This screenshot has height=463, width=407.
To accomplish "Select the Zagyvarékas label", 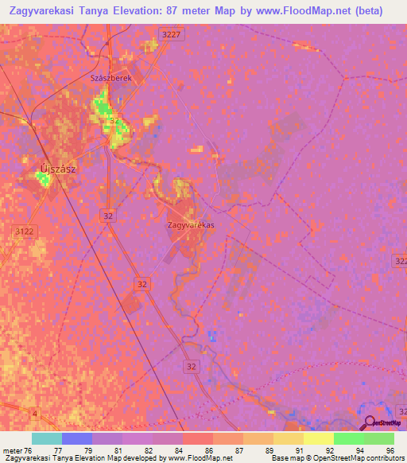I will tap(192, 225).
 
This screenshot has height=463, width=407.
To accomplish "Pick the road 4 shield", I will tap(34, 413).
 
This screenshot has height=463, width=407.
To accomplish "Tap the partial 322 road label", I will tap(400, 261).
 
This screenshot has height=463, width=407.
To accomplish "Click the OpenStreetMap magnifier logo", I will tap(370, 422).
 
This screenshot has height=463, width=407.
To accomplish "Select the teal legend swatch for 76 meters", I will tap(46, 438).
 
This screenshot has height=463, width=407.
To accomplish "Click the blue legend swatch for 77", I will tap(76, 438).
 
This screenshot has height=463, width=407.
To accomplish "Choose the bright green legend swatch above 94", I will tap(349, 438).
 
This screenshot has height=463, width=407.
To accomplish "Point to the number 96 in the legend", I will tap(390, 450).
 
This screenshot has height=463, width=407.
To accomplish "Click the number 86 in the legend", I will tap(208, 450).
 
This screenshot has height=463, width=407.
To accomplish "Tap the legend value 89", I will tap(269, 450).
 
